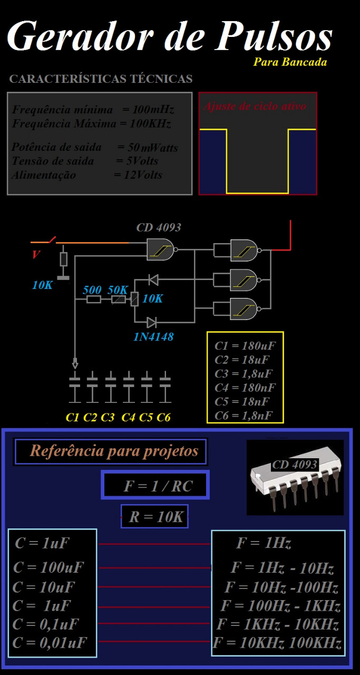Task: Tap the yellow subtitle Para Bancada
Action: coord(290,62)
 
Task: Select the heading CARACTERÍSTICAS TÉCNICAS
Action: coord(101,80)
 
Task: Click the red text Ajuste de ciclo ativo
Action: coord(255,106)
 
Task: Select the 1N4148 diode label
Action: coord(153,336)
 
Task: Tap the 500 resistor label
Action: coord(92,290)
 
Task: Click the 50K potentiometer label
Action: coord(118,290)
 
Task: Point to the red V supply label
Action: coord(36,255)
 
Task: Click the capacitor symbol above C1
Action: coord(75,380)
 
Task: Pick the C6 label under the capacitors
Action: coord(164,418)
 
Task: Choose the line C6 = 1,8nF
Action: coord(244,416)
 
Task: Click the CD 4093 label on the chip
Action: coord(295,465)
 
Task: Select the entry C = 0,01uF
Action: coord(50,642)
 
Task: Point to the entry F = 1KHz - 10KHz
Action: coord(277,624)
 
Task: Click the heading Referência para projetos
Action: coord(114,451)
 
